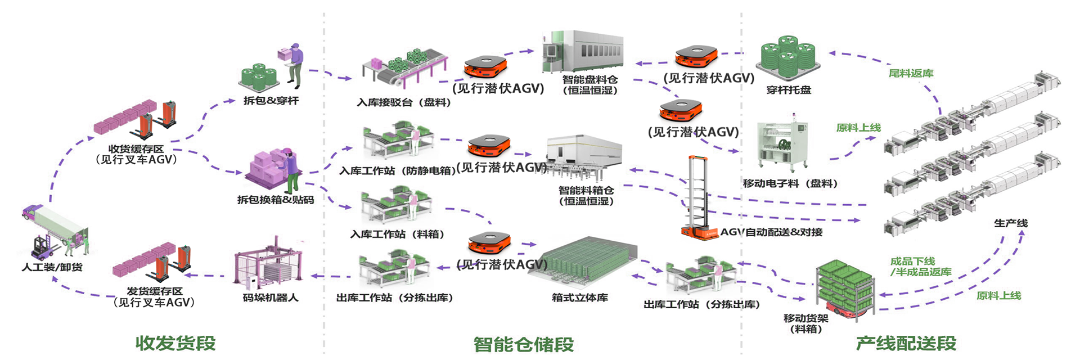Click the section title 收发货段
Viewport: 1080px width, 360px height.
coord(175,343)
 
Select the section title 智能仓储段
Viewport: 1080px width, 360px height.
coord(523,344)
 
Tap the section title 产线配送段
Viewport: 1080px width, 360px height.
coord(906,343)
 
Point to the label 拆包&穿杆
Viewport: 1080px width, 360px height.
coord(271,101)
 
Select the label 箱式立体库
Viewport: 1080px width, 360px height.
coord(579,298)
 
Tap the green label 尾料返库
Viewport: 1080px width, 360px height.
coord(911,73)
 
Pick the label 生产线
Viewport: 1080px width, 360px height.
coord(1010,223)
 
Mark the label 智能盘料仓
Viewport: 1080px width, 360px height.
coord(590,80)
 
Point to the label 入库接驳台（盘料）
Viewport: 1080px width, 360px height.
coord(404,102)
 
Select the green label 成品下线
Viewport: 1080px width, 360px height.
coord(912,261)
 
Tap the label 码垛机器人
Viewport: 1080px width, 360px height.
coord(271,298)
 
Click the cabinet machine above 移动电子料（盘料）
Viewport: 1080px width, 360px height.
coord(783,145)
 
